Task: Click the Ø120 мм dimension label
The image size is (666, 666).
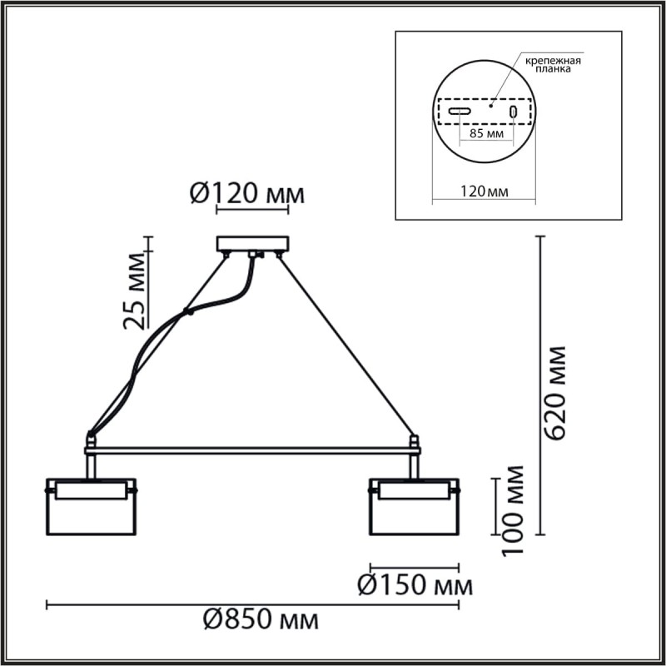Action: [x=247, y=194]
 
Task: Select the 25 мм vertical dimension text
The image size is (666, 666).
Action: [x=136, y=288]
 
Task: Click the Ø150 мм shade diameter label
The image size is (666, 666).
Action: [x=414, y=585]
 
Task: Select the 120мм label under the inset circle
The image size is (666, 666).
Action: [x=485, y=191]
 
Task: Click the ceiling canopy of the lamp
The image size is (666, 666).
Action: [x=252, y=244]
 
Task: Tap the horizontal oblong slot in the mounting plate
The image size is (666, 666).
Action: [x=459, y=112]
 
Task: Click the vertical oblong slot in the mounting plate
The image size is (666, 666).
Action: [x=514, y=112]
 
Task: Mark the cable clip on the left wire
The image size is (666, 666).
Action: [x=189, y=314]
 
